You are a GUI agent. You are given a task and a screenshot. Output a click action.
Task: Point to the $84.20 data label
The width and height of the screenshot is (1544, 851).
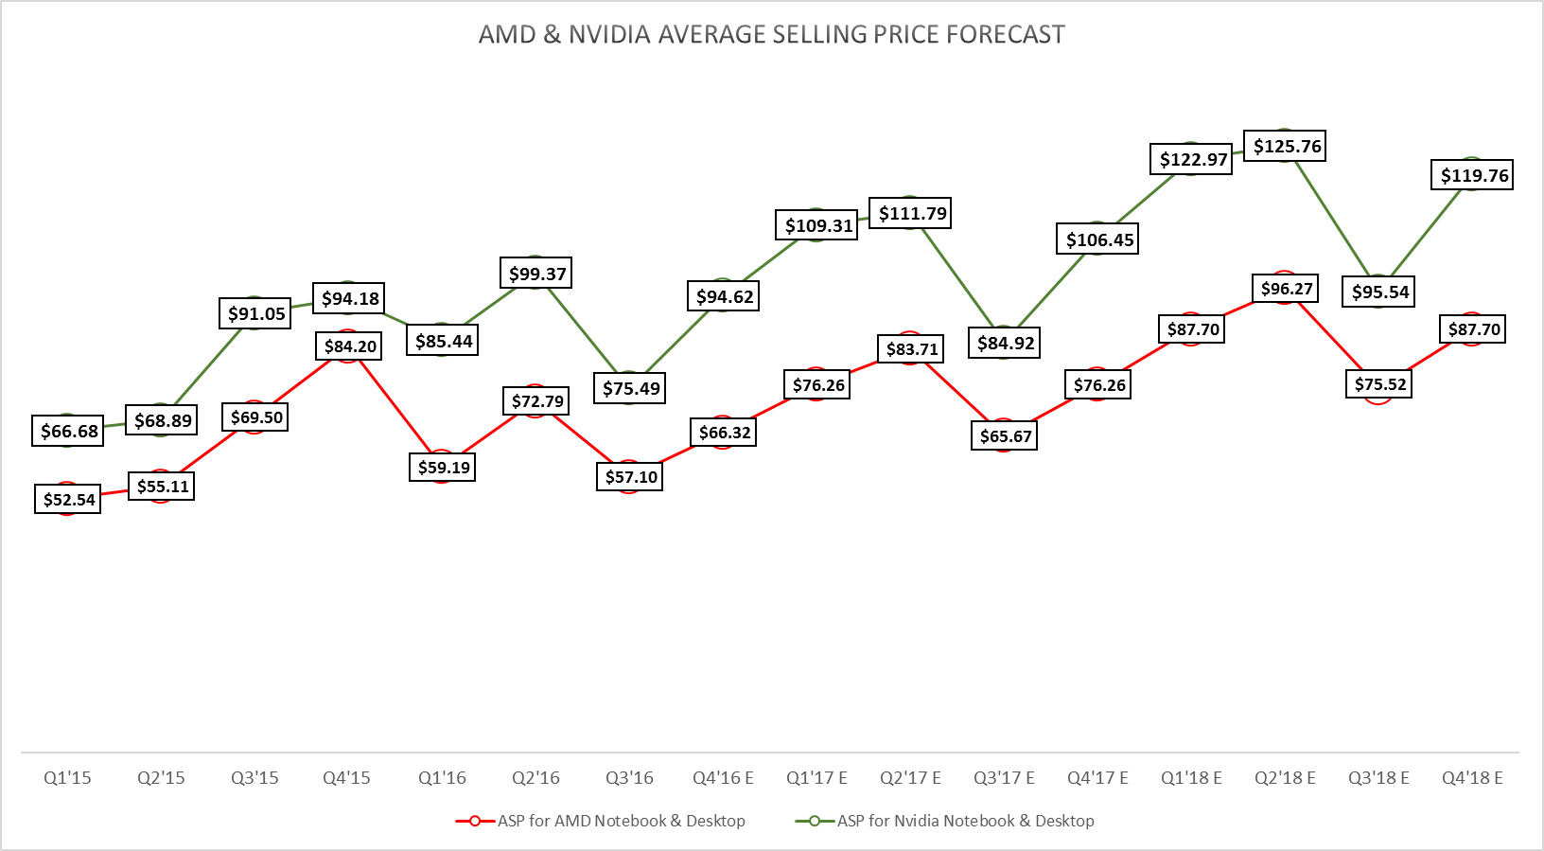pos(348,346)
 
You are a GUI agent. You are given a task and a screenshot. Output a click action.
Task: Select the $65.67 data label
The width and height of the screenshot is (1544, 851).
pos(1004,435)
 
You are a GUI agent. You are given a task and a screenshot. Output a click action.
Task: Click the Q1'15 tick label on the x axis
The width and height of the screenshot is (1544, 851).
pos(67,778)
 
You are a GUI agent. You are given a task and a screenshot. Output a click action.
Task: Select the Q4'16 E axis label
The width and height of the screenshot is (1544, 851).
pos(723,778)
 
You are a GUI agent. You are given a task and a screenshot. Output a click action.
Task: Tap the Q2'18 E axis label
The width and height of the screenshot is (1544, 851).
pos(1285,778)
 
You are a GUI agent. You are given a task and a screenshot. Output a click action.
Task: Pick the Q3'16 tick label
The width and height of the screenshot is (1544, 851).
pos(629,778)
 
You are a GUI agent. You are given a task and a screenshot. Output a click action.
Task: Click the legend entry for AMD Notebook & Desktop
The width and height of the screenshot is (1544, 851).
pos(621,821)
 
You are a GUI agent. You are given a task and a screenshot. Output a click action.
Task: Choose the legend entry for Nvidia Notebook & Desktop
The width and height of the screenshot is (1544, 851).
pos(965,821)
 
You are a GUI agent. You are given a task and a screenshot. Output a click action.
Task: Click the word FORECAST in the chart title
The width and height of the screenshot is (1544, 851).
pos(1006,35)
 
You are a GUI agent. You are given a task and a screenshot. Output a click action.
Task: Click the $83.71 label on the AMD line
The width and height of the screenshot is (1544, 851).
pos(910,349)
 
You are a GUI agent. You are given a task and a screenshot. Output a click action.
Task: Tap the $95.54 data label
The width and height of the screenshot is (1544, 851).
pos(1378,292)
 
